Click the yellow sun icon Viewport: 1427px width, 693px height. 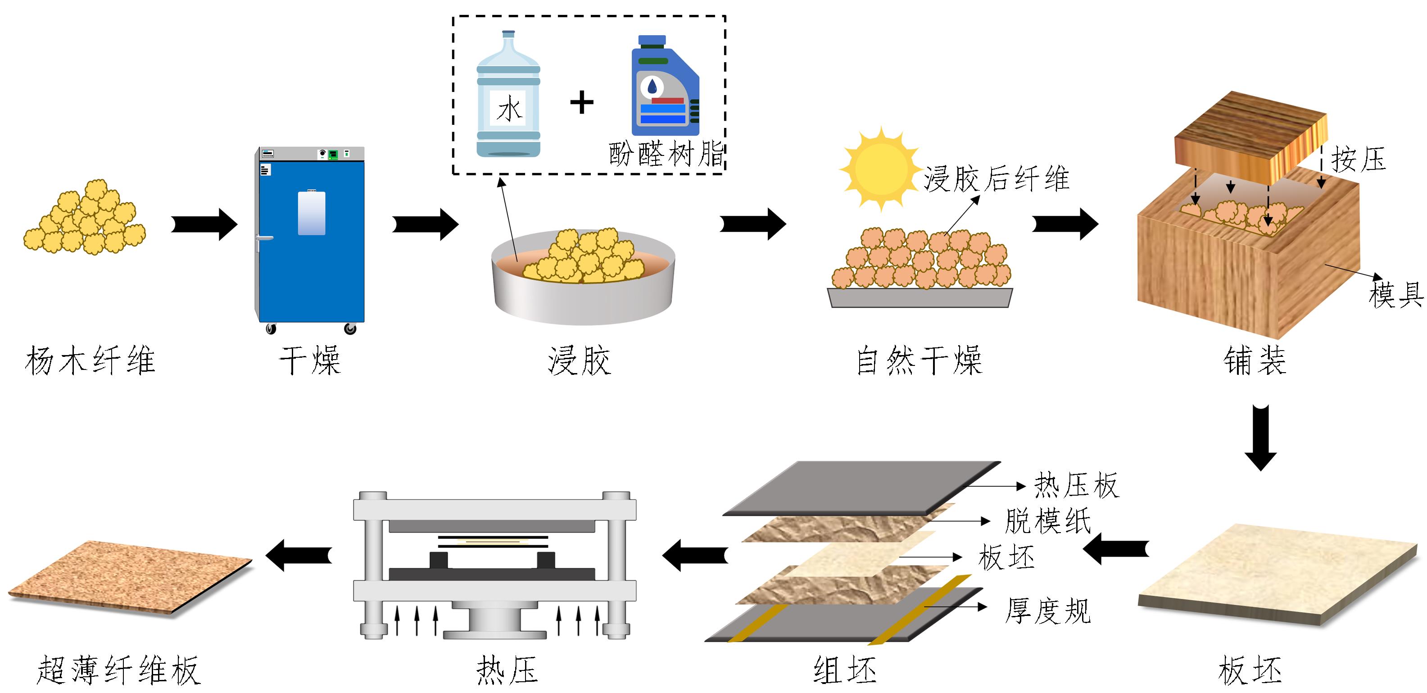(x=880, y=169)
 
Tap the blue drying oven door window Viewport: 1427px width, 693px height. (x=311, y=213)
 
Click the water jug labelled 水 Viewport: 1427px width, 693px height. (x=508, y=97)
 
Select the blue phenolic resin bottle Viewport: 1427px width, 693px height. (x=664, y=89)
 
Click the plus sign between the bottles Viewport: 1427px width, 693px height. (x=582, y=103)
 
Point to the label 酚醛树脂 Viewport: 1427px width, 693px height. (x=666, y=154)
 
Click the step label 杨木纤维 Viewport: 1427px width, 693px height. (x=90, y=360)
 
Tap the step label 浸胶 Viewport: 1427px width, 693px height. (x=579, y=360)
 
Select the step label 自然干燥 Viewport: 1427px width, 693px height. (x=919, y=360)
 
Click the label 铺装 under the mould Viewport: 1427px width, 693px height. (x=1255, y=360)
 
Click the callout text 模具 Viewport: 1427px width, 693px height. (x=1395, y=294)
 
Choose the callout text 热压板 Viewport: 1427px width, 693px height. (x=1076, y=486)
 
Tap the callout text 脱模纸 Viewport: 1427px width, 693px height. (x=1047, y=521)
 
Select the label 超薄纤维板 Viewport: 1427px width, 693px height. (x=118, y=670)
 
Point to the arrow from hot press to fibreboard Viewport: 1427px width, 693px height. (x=299, y=554)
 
